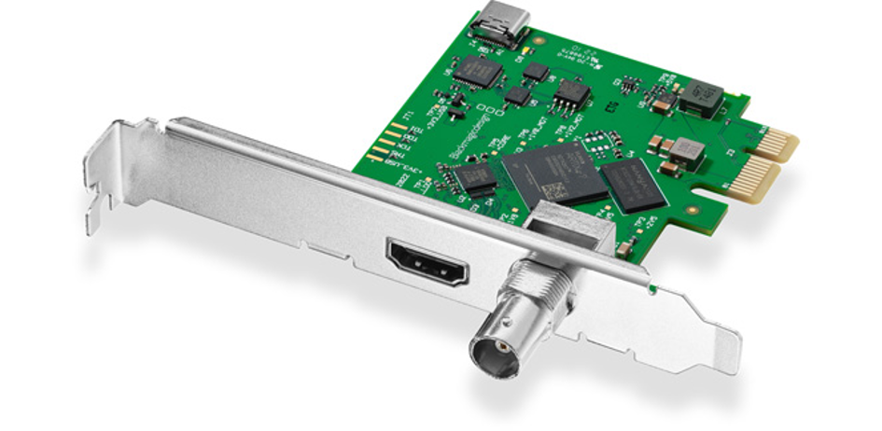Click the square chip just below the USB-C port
point(478,72)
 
